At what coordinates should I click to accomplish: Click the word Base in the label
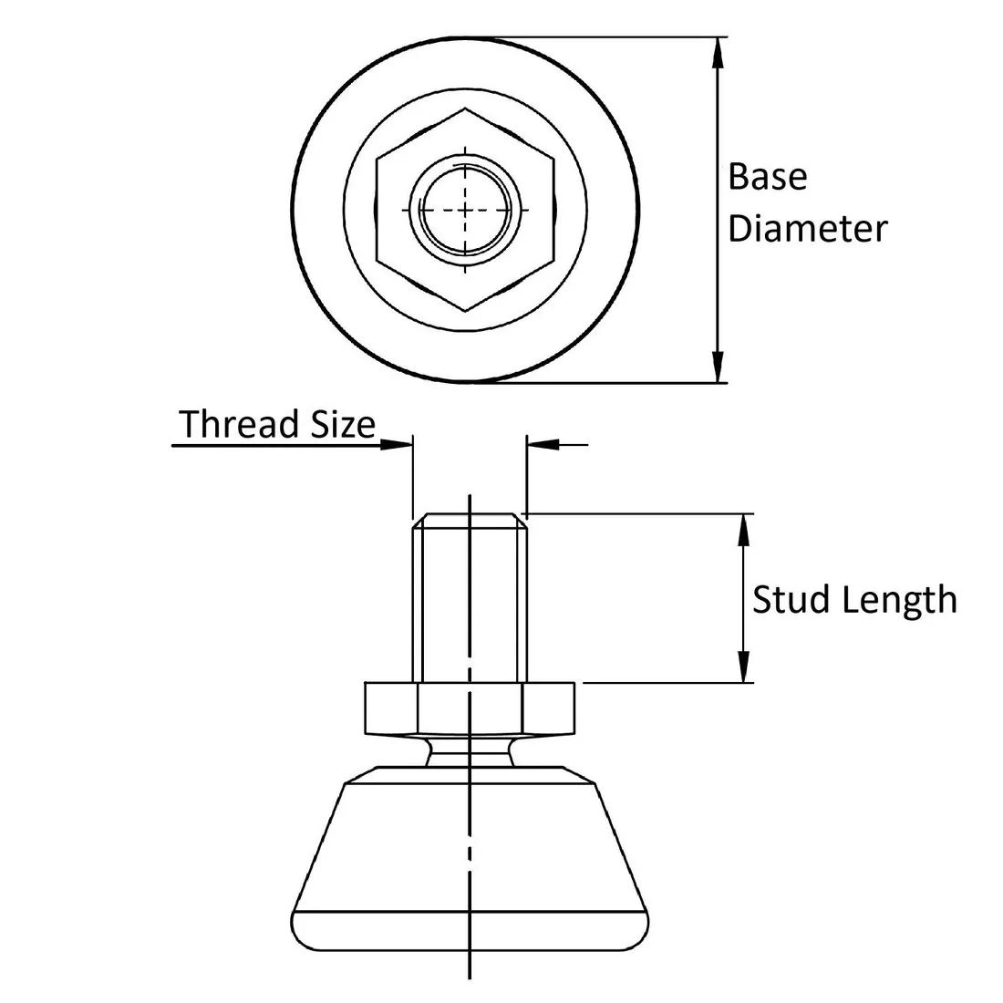[x=767, y=177]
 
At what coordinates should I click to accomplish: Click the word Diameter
[x=807, y=229]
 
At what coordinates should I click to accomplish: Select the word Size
[x=339, y=425]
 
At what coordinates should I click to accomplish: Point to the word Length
[x=899, y=600]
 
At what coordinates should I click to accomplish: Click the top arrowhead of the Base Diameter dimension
[x=719, y=51]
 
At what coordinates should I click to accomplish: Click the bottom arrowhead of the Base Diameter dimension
[x=719, y=368]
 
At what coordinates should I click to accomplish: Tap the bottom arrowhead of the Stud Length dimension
[x=745, y=667]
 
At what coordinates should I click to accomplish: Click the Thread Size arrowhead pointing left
[x=542, y=445]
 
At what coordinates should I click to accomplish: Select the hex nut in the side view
[x=469, y=708]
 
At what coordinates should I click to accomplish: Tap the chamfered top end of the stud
[x=469, y=521]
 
